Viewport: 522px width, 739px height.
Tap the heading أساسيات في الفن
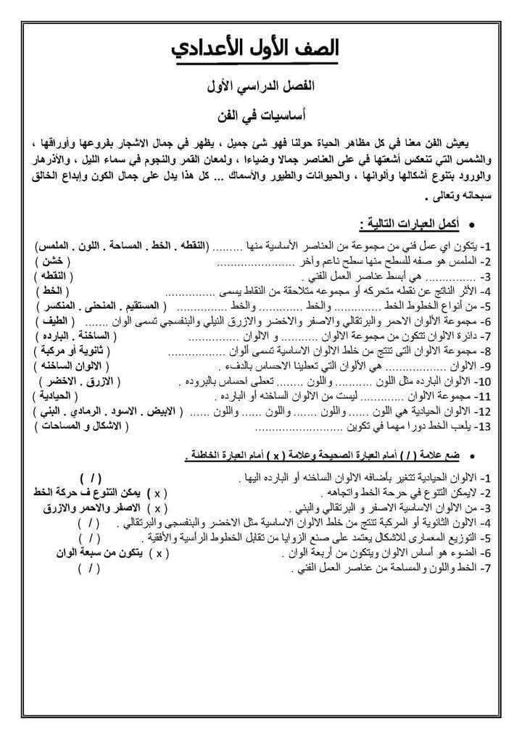[x=261, y=115]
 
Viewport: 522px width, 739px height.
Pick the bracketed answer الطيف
[x=53, y=320]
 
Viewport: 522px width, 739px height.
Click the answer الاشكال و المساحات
[x=72, y=426]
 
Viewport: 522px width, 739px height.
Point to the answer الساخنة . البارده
[x=66, y=335]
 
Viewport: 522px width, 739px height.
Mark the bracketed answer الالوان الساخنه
[x=65, y=364]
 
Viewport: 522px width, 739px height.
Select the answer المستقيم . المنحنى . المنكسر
[x=79, y=305]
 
